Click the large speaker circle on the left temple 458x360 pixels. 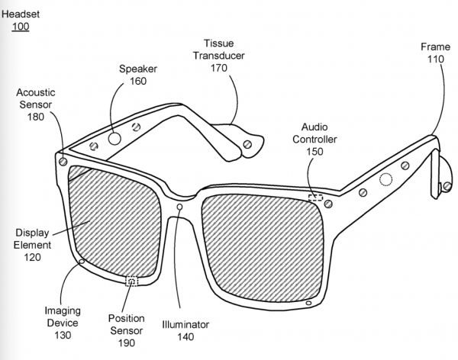coord(113,139)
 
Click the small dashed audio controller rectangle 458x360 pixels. coord(314,198)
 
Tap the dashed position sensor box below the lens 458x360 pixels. coord(132,281)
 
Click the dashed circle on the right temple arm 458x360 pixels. coord(387,180)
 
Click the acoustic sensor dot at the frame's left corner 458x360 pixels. coord(62,162)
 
